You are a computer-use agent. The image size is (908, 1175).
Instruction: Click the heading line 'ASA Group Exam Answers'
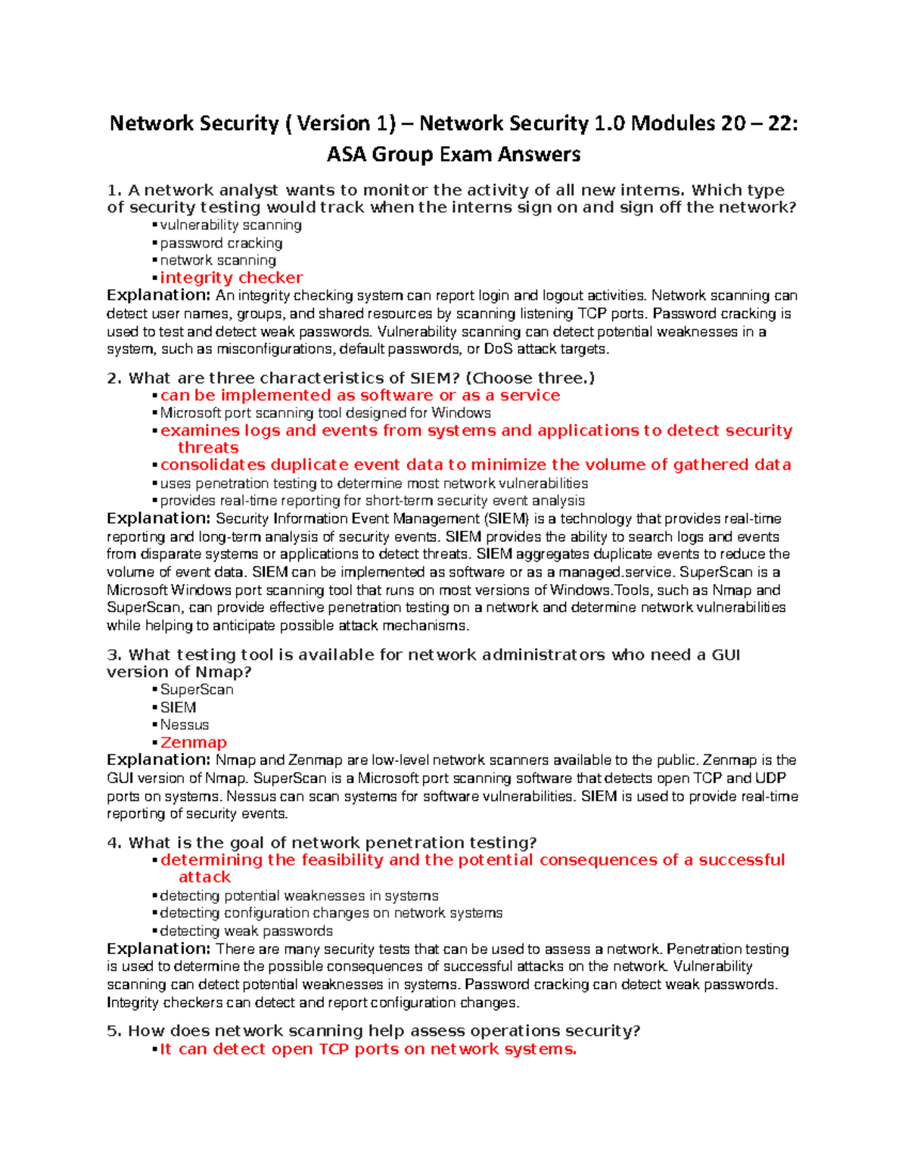click(453, 154)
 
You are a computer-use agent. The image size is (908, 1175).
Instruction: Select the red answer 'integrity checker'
click(231, 278)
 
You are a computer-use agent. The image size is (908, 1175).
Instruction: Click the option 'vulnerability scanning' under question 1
click(231, 225)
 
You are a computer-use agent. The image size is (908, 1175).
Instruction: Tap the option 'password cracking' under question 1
click(221, 243)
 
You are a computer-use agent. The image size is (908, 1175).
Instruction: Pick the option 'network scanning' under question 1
click(218, 260)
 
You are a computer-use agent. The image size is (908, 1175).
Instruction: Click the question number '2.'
click(114, 378)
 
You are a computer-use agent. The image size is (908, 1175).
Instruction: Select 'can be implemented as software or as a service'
click(360, 395)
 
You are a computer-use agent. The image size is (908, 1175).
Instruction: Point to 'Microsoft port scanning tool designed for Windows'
click(325, 413)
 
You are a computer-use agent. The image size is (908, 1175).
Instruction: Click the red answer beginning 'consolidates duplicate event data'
click(475, 465)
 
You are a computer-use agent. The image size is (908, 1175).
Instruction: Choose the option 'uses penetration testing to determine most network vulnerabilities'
click(374, 483)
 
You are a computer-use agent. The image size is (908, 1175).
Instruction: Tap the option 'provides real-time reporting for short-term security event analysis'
click(372, 501)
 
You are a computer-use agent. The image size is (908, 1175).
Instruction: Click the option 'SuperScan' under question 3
click(197, 690)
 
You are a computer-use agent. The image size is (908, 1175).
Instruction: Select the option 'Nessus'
click(185, 725)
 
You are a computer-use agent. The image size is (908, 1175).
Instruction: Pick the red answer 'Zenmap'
click(194, 743)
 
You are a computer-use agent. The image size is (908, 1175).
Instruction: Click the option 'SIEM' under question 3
click(179, 707)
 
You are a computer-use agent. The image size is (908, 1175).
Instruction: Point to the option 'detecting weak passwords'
click(246, 931)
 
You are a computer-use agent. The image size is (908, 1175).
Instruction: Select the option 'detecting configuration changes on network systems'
click(331, 913)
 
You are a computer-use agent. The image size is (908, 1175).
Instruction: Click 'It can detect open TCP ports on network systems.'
click(368, 1049)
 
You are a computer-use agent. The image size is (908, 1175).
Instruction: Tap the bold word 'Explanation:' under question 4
click(158, 949)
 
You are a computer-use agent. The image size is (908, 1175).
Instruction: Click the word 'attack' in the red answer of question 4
click(204, 878)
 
